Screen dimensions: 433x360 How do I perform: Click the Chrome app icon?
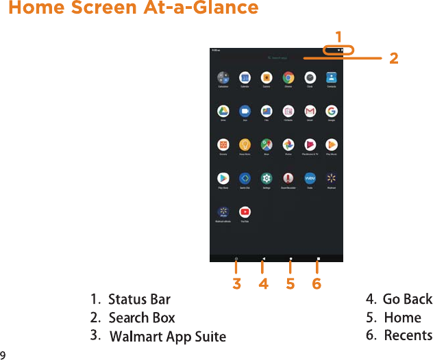tap(288, 77)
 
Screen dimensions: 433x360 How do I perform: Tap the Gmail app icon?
tap(310, 111)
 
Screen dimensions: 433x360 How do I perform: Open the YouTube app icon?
tap(245, 212)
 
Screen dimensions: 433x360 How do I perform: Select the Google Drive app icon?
tap(223, 111)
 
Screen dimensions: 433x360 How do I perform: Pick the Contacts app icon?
tap(332, 77)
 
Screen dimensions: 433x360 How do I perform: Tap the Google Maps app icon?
tap(267, 144)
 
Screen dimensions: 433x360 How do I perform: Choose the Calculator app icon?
tap(223, 77)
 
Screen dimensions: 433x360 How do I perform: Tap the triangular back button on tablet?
tap(263, 259)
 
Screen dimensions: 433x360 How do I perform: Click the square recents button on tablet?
tap(318, 259)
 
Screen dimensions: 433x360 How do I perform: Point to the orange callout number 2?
tap(393, 59)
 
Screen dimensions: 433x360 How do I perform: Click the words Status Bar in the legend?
tap(139, 300)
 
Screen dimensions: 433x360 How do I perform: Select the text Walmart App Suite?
tap(168, 336)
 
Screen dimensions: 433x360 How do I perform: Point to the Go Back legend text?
tap(408, 299)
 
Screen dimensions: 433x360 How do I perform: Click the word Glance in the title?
tap(227, 8)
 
